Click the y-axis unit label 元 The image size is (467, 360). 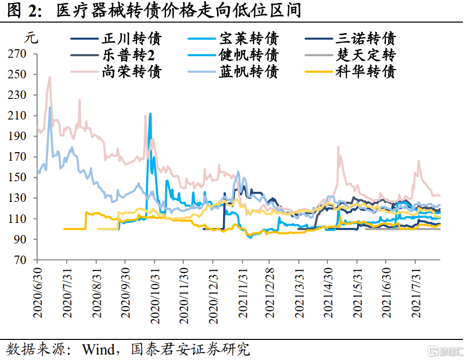(30, 38)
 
